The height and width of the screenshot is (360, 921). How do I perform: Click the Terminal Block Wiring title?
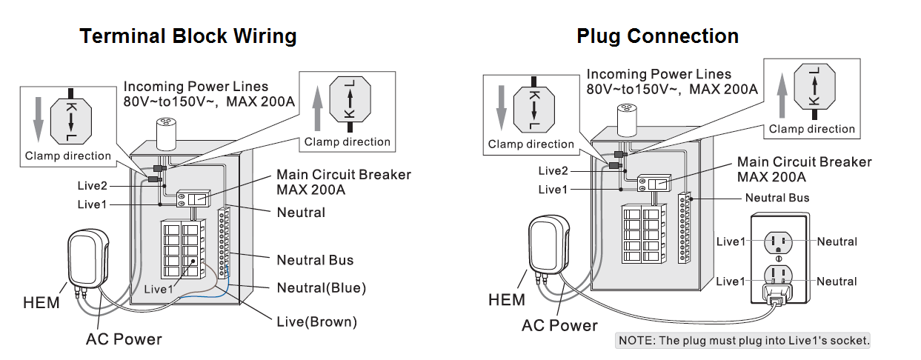(x=188, y=36)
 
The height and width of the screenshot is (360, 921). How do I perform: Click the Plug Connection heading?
(x=657, y=36)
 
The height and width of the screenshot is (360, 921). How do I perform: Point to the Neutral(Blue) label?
(x=321, y=287)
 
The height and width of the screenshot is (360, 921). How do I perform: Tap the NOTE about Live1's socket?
(x=743, y=341)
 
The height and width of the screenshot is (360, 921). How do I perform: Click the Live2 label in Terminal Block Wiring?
(x=93, y=184)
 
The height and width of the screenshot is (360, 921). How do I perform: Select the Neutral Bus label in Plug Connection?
(x=777, y=198)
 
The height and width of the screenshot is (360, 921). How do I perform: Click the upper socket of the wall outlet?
(x=778, y=241)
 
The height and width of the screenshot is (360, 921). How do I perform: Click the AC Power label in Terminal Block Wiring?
(x=124, y=339)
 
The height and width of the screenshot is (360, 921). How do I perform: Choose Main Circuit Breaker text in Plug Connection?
(x=804, y=170)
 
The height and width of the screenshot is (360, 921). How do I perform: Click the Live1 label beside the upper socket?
(x=731, y=241)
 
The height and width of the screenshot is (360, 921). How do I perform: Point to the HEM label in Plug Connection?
(x=507, y=300)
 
